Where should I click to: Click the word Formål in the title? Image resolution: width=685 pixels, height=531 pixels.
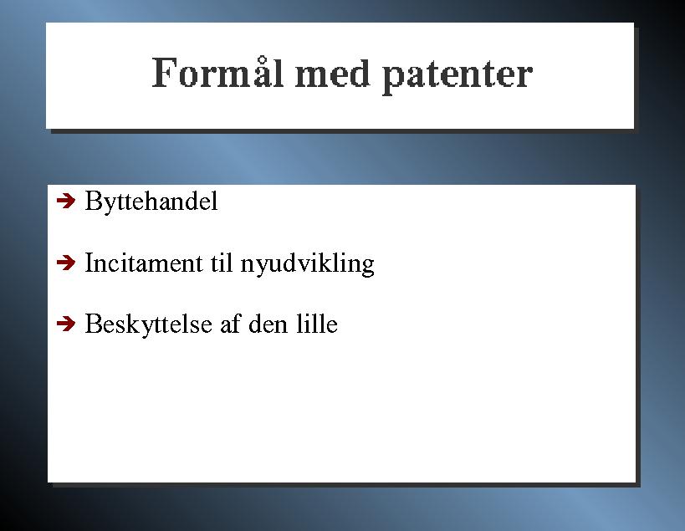pos(217,72)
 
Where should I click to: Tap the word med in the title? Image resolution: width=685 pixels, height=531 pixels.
pos(333,73)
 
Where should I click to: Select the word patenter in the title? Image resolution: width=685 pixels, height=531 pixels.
pos(458,76)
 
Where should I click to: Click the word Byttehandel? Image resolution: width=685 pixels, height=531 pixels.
pos(151,201)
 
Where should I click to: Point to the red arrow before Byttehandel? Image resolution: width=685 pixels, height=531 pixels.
pos(66,201)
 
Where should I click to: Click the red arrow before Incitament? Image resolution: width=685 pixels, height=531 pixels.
pos(66,263)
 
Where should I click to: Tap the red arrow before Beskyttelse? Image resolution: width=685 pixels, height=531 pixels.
pos(66,324)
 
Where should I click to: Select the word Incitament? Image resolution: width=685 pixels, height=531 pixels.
pos(144,263)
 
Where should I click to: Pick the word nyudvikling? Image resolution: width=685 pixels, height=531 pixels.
pos(308,264)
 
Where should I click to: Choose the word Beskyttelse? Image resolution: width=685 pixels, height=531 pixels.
pos(149,324)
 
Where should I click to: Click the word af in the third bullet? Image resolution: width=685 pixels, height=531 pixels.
pos(230,324)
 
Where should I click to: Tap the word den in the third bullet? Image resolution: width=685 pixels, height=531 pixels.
pos(268,324)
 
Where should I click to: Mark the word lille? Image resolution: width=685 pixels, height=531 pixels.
pos(317,324)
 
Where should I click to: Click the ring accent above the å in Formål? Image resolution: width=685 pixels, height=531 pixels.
pos(262,60)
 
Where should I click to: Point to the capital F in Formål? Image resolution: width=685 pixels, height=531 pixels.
pos(164,74)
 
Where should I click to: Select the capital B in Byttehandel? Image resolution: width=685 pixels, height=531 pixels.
pos(93,201)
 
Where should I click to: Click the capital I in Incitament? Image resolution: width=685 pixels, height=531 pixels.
pos(89,263)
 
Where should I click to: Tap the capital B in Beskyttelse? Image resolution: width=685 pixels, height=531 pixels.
pos(93,324)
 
